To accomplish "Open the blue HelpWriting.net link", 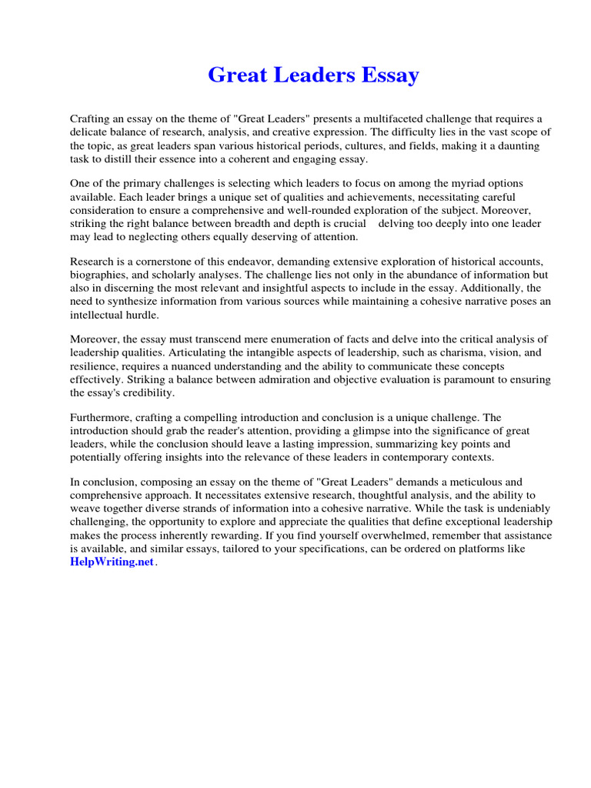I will [x=112, y=563].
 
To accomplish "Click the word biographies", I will [x=101, y=275].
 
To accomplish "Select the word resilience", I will [x=95, y=366].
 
